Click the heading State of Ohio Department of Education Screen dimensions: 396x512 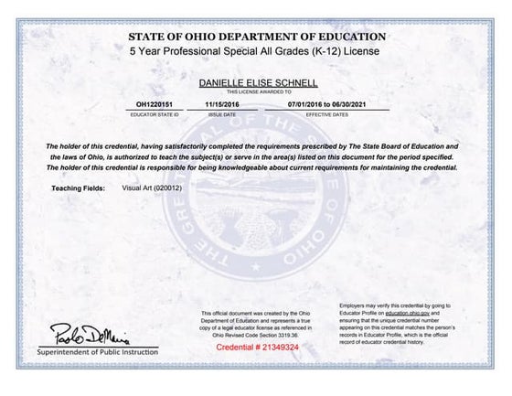coord(257,37)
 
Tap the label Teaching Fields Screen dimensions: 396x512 coord(78,188)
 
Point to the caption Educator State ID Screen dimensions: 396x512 coord(153,115)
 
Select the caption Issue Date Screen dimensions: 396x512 coord(222,115)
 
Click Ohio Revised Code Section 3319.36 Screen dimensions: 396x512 coord(257,334)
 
